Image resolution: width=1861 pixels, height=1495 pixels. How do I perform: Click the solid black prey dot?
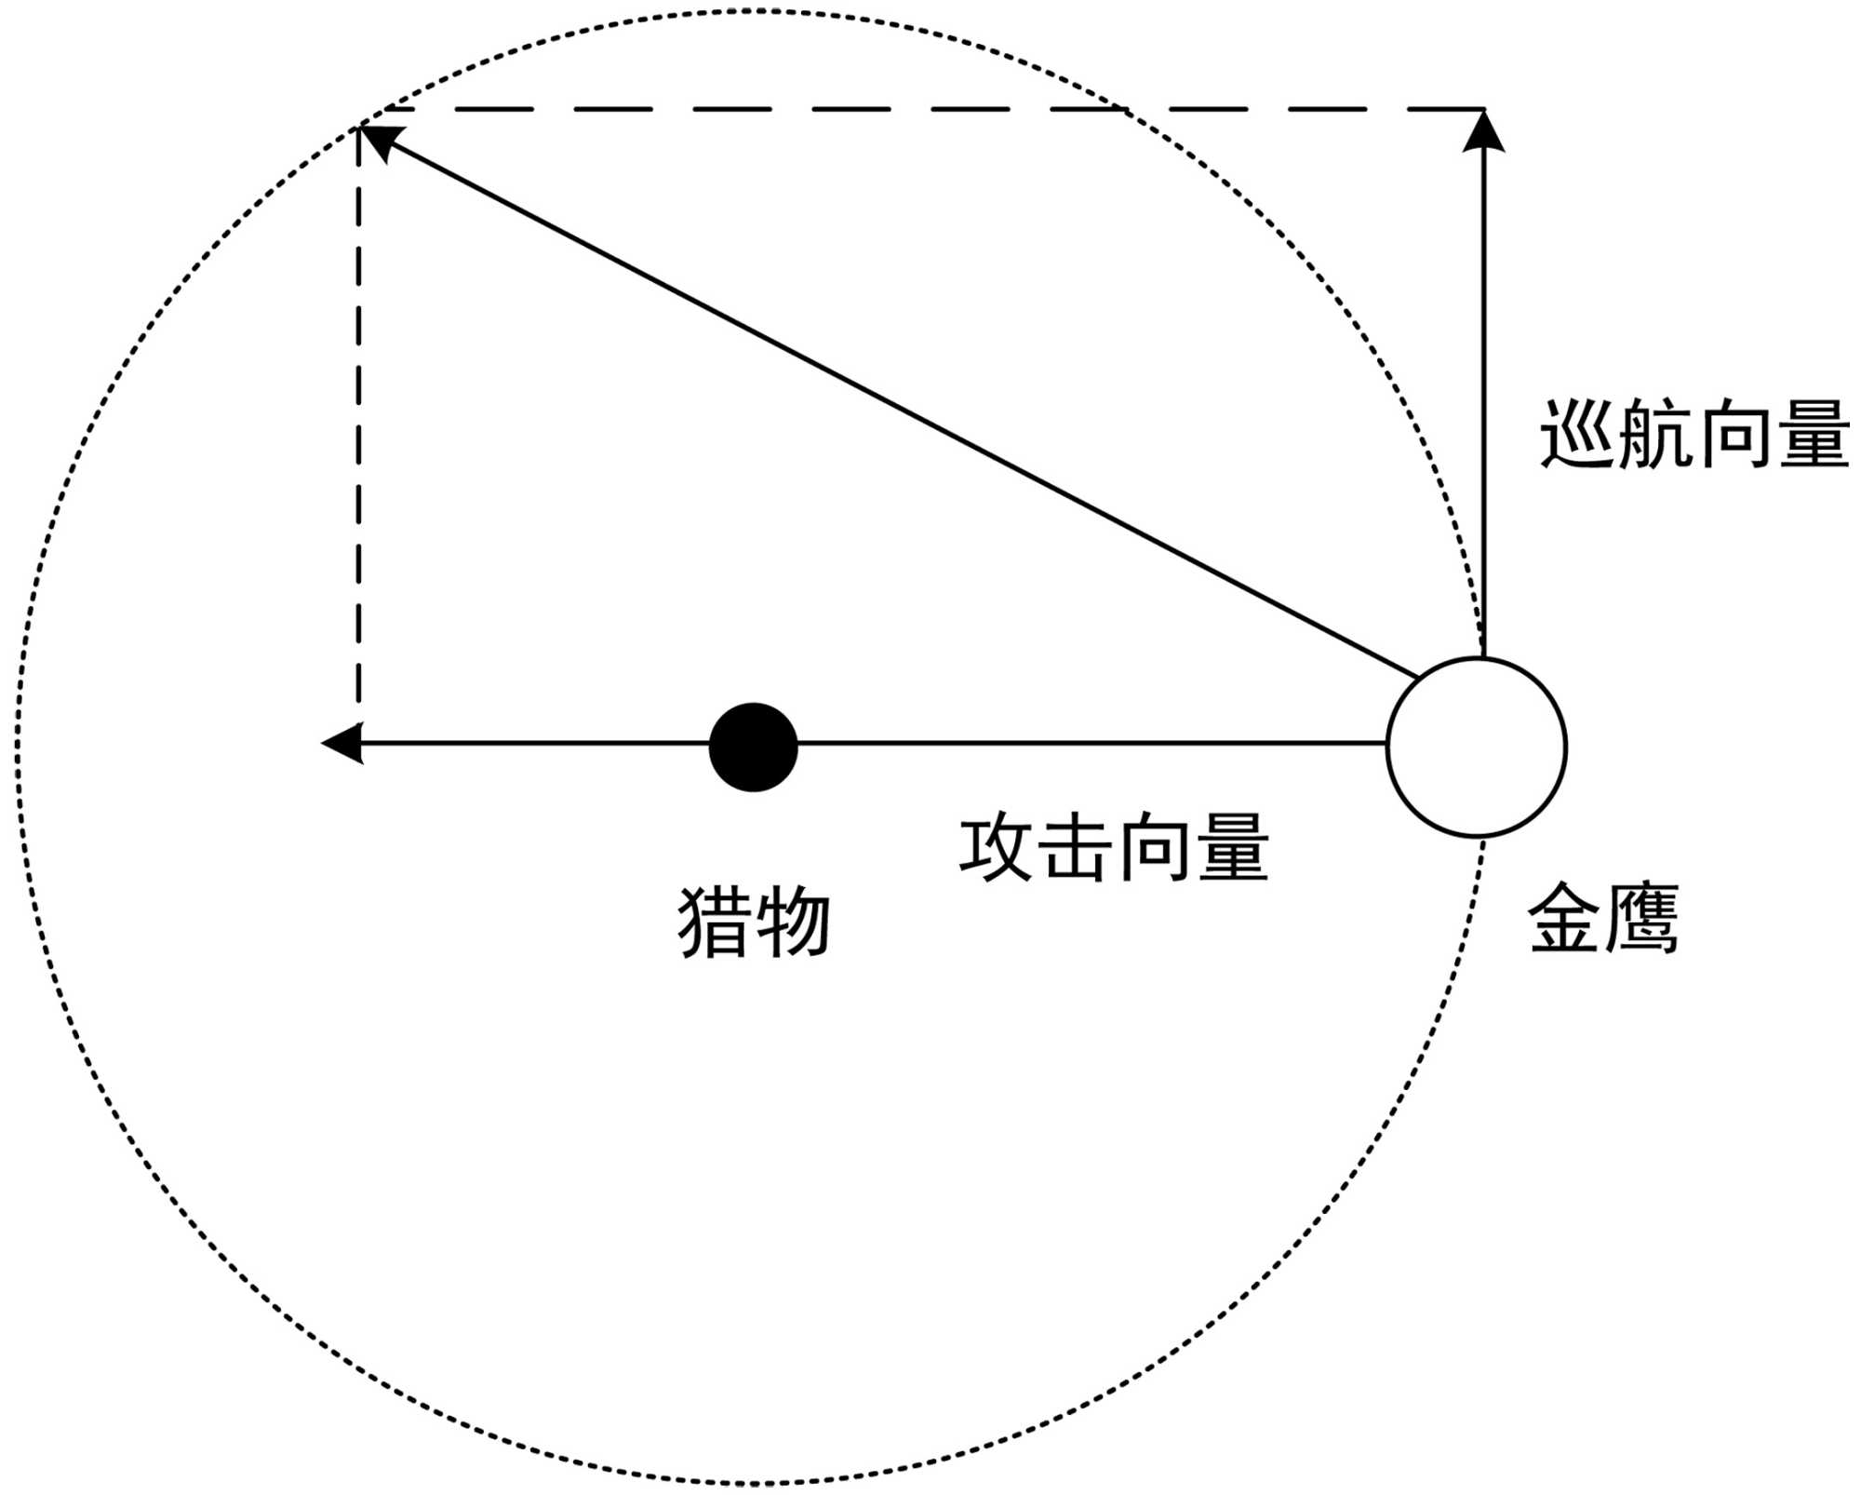click(x=753, y=747)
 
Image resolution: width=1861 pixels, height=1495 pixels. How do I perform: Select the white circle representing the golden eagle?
click(x=1476, y=747)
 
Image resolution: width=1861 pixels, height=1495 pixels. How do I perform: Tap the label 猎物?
click(x=753, y=922)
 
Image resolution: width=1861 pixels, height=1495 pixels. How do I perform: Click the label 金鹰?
click(x=1602, y=918)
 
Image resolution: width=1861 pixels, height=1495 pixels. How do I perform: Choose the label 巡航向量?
click(x=1694, y=435)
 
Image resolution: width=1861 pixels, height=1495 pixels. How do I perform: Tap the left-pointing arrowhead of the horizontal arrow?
click(x=341, y=743)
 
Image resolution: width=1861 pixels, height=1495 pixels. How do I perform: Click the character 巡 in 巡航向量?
click(x=1577, y=435)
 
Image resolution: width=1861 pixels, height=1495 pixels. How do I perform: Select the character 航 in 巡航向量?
click(x=1654, y=435)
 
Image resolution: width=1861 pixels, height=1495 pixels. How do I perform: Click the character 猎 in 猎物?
click(x=714, y=922)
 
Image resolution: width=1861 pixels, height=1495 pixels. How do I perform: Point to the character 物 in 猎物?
click(x=792, y=922)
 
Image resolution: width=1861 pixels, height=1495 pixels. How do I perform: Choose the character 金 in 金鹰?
click(x=1564, y=918)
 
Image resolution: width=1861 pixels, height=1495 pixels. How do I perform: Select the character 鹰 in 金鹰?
click(x=1641, y=918)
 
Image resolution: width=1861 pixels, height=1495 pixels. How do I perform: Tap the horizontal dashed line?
click(x=930, y=109)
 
